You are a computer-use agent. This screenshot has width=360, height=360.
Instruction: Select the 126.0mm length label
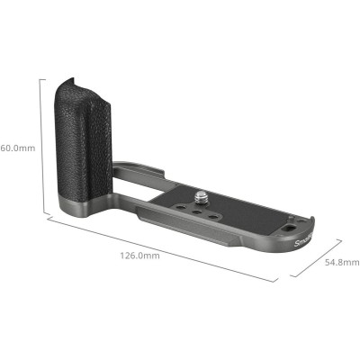click(x=139, y=256)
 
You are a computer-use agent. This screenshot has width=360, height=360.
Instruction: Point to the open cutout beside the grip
click(x=135, y=184)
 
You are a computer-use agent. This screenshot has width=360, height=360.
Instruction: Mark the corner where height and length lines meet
click(x=41, y=215)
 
